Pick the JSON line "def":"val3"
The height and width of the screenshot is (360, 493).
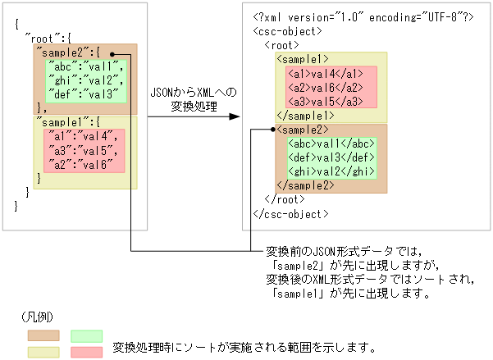[x=84, y=93]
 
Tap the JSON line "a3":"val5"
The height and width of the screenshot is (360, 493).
[x=82, y=149]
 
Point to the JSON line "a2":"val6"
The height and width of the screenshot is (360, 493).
[x=82, y=162]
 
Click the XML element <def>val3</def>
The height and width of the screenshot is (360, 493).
[x=327, y=157]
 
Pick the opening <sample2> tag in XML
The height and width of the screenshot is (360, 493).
[x=303, y=130]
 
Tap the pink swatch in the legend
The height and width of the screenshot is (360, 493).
[x=86, y=351]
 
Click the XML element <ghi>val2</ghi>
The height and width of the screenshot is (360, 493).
[x=327, y=171]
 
